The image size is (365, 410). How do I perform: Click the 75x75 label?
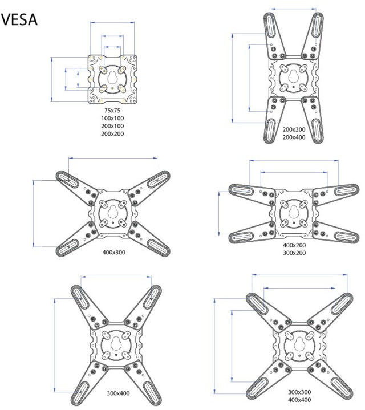[x=112, y=110]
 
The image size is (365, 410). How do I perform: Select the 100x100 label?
[x=112, y=118]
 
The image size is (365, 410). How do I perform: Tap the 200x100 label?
[x=112, y=126]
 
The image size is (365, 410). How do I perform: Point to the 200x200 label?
[x=112, y=134]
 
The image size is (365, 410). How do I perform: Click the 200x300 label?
[x=294, y=129]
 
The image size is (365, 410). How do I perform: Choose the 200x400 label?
[x=294, y=137]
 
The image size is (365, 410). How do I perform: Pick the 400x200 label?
[x=294, y=245]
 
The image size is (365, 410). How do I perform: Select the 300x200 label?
[x=294, y=253]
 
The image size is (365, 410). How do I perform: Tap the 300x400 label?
[x=118, y=393]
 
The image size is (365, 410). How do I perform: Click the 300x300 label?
[x=299, y=392]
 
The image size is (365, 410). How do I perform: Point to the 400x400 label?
[x=299, y=400]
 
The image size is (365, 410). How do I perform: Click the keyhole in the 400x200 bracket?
[x=294, y=209]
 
